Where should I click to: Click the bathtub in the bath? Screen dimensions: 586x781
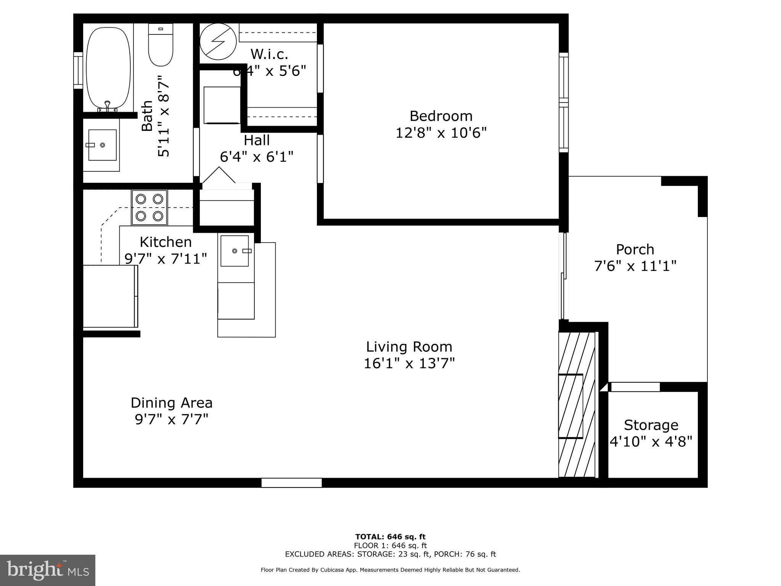109,68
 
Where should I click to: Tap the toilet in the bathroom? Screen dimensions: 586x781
161,45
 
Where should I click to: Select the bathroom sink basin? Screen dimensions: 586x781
102,145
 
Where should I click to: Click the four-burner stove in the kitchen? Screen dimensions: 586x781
149,208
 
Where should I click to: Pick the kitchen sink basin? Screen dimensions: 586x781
235,251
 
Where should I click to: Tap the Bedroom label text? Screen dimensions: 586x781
441,116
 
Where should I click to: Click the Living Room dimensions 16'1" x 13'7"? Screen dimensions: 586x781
409,364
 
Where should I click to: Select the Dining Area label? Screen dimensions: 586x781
172,403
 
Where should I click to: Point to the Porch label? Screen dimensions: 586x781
635,250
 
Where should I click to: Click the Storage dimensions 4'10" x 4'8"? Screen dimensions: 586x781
651,442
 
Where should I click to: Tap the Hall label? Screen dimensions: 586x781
257,140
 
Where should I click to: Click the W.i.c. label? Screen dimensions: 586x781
269,55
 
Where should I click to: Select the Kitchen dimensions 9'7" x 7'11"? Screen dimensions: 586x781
166,259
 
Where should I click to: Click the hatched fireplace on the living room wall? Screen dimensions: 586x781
577,404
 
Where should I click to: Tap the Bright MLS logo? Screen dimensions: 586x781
48,570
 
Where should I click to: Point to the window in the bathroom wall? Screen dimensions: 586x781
78,71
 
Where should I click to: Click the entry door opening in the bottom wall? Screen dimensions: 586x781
291,483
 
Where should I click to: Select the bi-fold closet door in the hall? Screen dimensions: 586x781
219,176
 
